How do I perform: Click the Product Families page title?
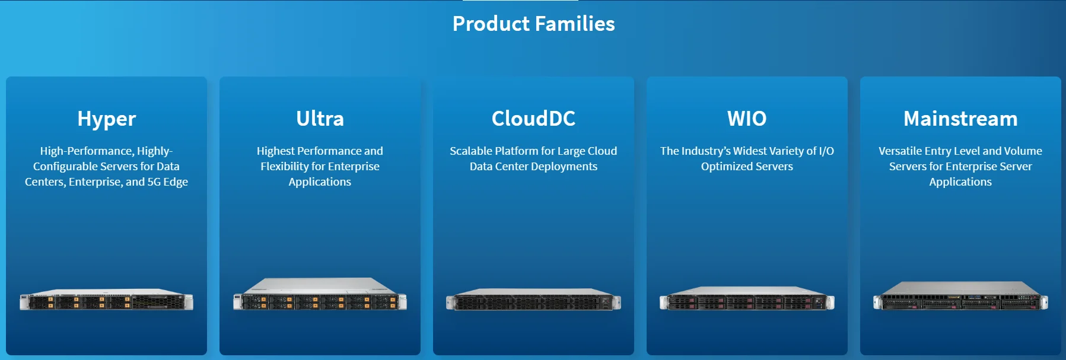[533, 24]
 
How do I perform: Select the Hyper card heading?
[107, 119]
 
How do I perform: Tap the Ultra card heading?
[320, 119]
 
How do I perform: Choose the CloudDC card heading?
[533, 119]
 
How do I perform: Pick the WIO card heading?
[747, 119]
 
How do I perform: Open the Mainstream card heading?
[960, 119]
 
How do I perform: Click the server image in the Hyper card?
[107, 300]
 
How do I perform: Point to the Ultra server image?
[320, 294]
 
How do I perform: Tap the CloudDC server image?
[533, 300]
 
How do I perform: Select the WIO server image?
[747, 299]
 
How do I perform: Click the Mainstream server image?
[960, 296]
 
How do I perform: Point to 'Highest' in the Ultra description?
[275, 151]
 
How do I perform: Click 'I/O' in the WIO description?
[826, 151]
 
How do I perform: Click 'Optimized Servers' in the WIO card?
[747, 167]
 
